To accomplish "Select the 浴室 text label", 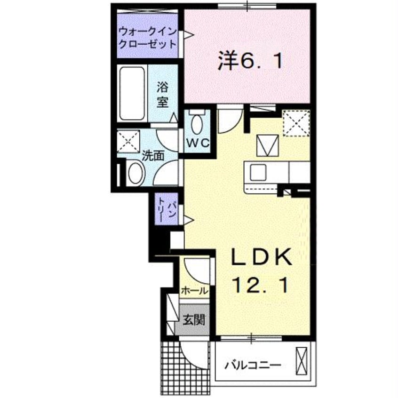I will coord(163,94).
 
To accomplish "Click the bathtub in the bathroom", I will coord(132,94).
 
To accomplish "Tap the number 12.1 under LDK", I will coord(261,284).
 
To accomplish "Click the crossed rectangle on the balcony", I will coord(301,361).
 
